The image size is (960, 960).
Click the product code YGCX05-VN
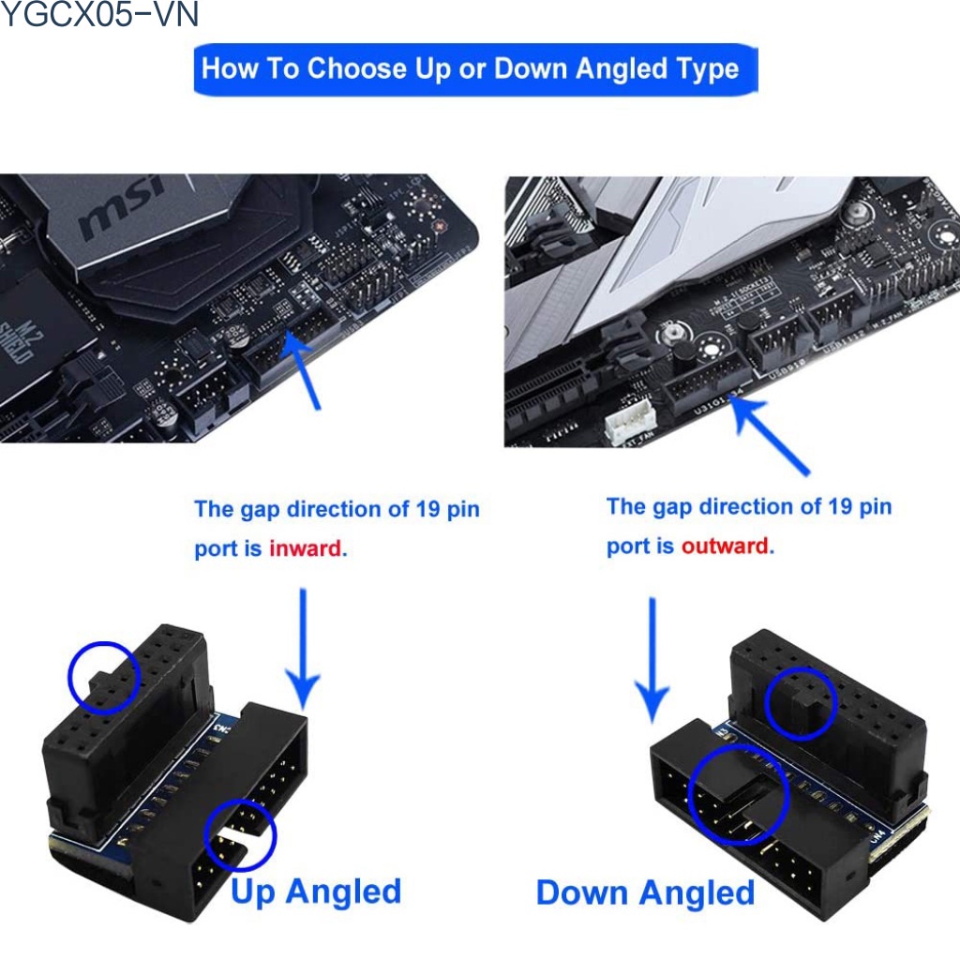pos(99,16)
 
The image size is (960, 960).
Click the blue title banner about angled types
pos(475,69)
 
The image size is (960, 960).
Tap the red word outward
pos(725,546)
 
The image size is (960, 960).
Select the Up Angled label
pos(316,891)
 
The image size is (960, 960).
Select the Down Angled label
pos(645,892)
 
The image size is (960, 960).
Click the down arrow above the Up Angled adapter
pos(302,656)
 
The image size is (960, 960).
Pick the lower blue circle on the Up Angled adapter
pos(241,833)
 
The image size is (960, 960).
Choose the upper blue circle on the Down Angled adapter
pos(800,703)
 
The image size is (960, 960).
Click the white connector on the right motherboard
pos(630,428)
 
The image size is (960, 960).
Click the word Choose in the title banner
pos(360,69)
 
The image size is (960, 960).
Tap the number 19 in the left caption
pos(426,510)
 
